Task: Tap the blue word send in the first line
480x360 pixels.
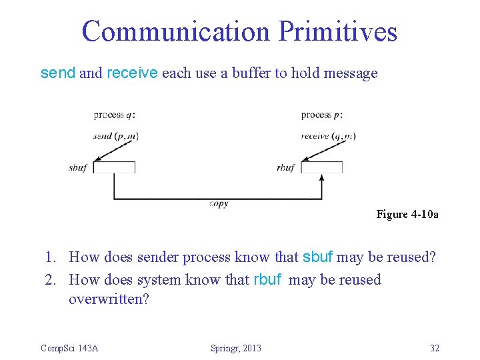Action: [58, 73]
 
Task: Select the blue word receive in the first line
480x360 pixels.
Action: [132, 73]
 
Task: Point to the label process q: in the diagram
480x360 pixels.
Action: [115, 115]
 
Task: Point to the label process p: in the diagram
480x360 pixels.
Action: [322, 115]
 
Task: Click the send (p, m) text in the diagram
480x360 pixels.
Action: [116, 136]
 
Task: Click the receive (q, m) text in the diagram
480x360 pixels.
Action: [328, 136]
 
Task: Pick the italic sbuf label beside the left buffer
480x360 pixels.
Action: [78, 168]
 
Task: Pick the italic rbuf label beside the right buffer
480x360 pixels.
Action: [285, 168]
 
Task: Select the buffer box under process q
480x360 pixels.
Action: [114, 167]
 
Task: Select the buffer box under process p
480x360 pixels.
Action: [322, 167]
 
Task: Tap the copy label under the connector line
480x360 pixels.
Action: [218, 204]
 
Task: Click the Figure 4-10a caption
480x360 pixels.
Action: [407, 214]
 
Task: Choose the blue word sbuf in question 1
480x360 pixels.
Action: [318, 257]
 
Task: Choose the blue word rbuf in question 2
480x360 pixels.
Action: [268, 280]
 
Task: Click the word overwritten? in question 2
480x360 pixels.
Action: [109, 299]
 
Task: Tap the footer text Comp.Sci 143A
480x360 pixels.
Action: [69, 348]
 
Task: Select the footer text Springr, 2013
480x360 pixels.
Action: [236, 348]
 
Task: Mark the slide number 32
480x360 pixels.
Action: [434, 348]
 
